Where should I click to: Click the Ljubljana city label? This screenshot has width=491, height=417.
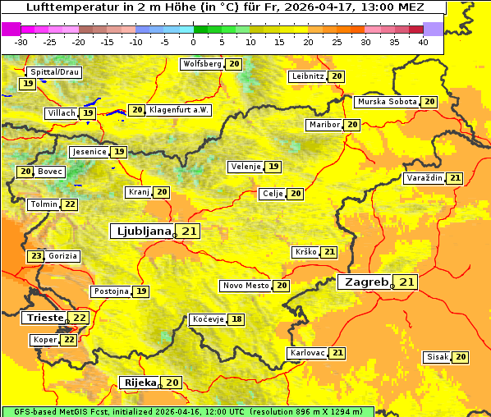(142, 232)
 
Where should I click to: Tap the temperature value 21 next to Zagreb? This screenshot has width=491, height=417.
(407, 282)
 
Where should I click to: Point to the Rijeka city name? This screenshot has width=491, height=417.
(140, 383)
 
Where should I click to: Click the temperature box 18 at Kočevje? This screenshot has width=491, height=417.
(236, 319)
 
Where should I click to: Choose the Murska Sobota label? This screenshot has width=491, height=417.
(386, 102)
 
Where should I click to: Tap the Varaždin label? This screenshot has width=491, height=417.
(424, 178)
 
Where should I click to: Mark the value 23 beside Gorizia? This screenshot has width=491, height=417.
(35, 256)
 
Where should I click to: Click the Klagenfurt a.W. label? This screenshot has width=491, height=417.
(179, 110)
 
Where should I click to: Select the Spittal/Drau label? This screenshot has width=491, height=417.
(54, 72)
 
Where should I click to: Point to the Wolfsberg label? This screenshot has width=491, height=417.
(202, 64)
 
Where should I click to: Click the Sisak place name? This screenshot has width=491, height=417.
(438, 357)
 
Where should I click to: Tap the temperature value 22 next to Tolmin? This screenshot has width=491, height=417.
(71, 204)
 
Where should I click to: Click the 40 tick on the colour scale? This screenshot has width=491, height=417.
(423, 42)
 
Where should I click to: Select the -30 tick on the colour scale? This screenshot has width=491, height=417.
(21, 42)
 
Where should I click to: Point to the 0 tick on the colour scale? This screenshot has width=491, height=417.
(194, 42)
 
